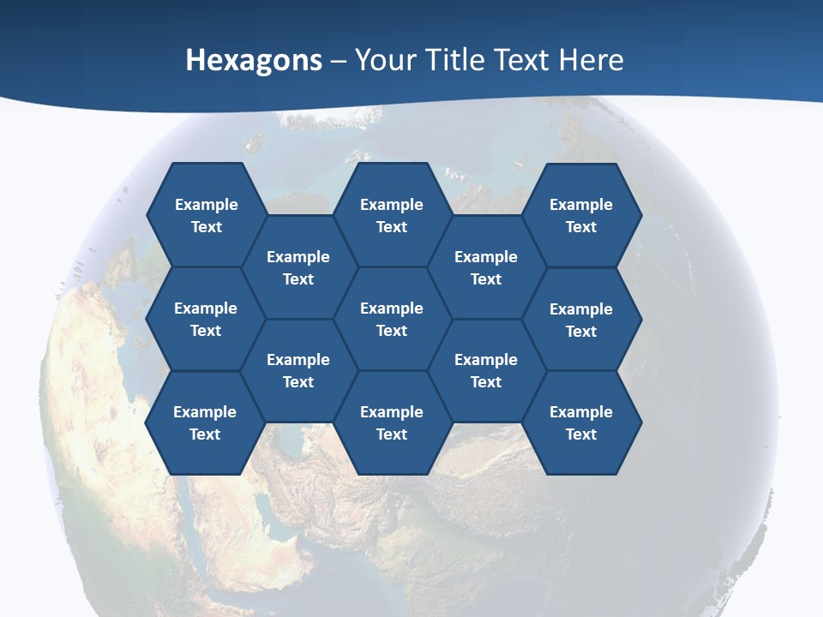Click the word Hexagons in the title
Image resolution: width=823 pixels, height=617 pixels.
coord(254,59)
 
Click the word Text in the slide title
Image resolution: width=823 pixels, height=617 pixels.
coord(521,59)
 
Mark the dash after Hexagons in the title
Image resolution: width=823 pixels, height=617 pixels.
coord(339,61)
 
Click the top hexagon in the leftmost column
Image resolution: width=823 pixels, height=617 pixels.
coord(206,215)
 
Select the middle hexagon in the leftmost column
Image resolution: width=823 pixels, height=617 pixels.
coord(206,319)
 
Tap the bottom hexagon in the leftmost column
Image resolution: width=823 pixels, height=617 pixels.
coord(206,422)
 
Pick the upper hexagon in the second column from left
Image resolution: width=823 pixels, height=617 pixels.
coord(298,267)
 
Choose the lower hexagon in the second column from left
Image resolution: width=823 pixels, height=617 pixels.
coord(298,370)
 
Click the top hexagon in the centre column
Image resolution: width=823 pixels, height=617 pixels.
coord(392,215)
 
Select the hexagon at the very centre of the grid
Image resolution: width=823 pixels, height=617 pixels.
coord(392,319)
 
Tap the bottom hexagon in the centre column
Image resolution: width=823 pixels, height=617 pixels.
coord(392,422)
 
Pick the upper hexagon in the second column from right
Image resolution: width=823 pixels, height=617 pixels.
coord(486,267)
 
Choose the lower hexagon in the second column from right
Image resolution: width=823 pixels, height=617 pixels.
coord(486,370)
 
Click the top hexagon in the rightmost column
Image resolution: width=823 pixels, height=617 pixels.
coord(581,215)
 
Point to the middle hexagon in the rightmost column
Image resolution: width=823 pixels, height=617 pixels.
coord(581,320)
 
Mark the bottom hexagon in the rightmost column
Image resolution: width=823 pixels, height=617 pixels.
coord(581,422)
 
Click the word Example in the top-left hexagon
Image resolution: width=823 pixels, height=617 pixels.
coord(206,205)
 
